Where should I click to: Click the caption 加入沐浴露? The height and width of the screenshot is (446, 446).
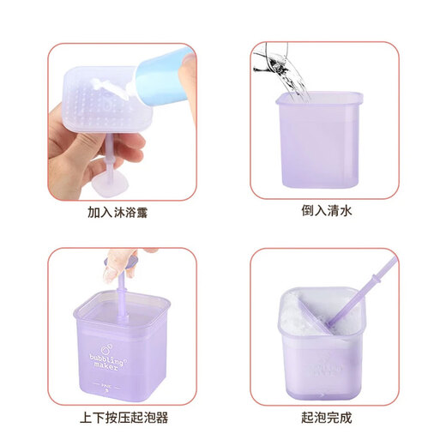[124, 212]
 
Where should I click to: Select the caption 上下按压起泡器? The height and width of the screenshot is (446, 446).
[124, 419]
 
